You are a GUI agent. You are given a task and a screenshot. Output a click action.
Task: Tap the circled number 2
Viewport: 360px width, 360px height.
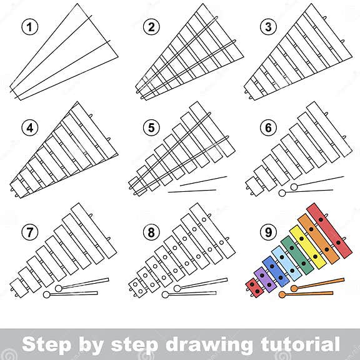(149, 26)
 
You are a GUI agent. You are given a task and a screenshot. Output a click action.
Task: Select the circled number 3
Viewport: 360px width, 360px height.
(269, 26)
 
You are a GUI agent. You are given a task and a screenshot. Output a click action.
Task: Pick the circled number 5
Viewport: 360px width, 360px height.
(149, 126)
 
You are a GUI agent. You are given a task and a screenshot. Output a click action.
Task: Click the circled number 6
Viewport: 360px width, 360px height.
(269, 126)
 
